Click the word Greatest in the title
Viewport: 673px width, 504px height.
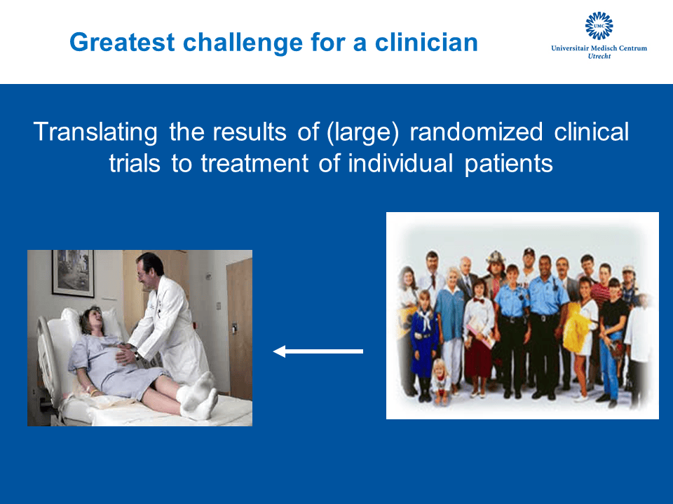[122, 43]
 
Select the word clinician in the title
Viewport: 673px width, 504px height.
[426, 42]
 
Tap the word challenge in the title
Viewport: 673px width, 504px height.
[243, 43]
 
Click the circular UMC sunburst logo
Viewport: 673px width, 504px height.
[599, 26]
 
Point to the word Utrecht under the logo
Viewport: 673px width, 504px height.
[599, 56]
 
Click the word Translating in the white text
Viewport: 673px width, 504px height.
[95, 132]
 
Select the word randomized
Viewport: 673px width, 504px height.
[476, 132]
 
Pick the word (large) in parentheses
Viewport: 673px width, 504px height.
[362, 132]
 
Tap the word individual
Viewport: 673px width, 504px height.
[400, 163]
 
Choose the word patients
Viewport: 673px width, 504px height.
[509, 164]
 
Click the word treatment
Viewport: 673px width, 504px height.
[254, 164]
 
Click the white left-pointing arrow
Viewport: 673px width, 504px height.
[318, 351]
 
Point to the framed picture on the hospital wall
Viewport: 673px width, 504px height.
[73, 273]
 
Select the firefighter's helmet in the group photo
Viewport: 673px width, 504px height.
[496, 257]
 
